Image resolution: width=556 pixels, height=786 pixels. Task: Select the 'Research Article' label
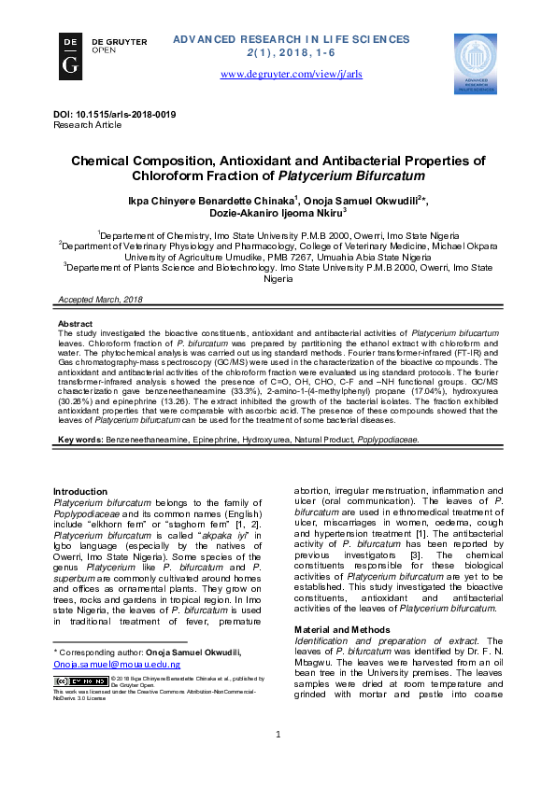click(87, 124)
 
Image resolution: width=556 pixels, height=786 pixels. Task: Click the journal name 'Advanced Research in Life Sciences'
click(291, 39)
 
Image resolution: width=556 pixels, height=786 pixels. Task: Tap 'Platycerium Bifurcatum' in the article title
click(337, 175)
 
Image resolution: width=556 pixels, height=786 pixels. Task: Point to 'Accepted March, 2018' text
click(100, 299)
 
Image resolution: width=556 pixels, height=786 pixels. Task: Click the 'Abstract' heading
click(75, 323)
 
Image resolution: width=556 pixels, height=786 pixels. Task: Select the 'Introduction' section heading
click(80, 491)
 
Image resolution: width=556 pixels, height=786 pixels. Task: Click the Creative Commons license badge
click(79, 681)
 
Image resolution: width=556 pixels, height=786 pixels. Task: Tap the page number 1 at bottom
click(278, 761)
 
